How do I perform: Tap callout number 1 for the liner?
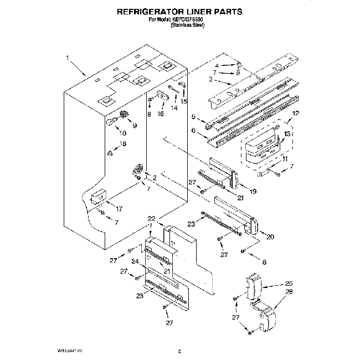pyautogui.click(x=67, y=57)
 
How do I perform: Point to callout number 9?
pyautogui.click(x=133, y=125)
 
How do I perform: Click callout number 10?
pyautogui.click(x=122, y=133)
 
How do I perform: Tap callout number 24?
pyautogui.click(x=135, y=262)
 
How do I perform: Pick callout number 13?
pyautogui.click(x=287, y=135)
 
